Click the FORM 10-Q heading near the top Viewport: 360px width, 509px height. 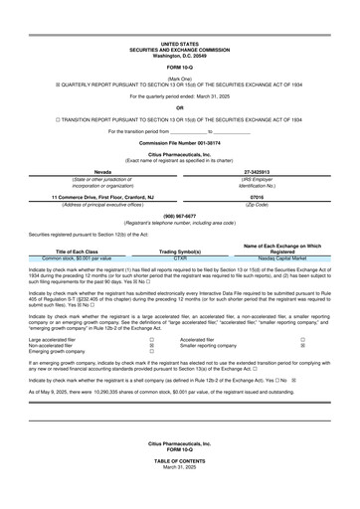(x=179, y=67)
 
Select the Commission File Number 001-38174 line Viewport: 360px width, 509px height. (x=179, y=143)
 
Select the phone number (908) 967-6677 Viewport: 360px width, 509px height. (x=179, y=216)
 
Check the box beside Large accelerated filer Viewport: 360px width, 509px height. (x=151, y=338)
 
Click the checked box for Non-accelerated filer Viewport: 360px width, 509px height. (x=151, y=345)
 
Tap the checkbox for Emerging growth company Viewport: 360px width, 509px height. (x=151, y=352)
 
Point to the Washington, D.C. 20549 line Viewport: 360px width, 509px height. (x=179, y=55)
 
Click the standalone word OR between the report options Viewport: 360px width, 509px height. (x=179, y=106)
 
